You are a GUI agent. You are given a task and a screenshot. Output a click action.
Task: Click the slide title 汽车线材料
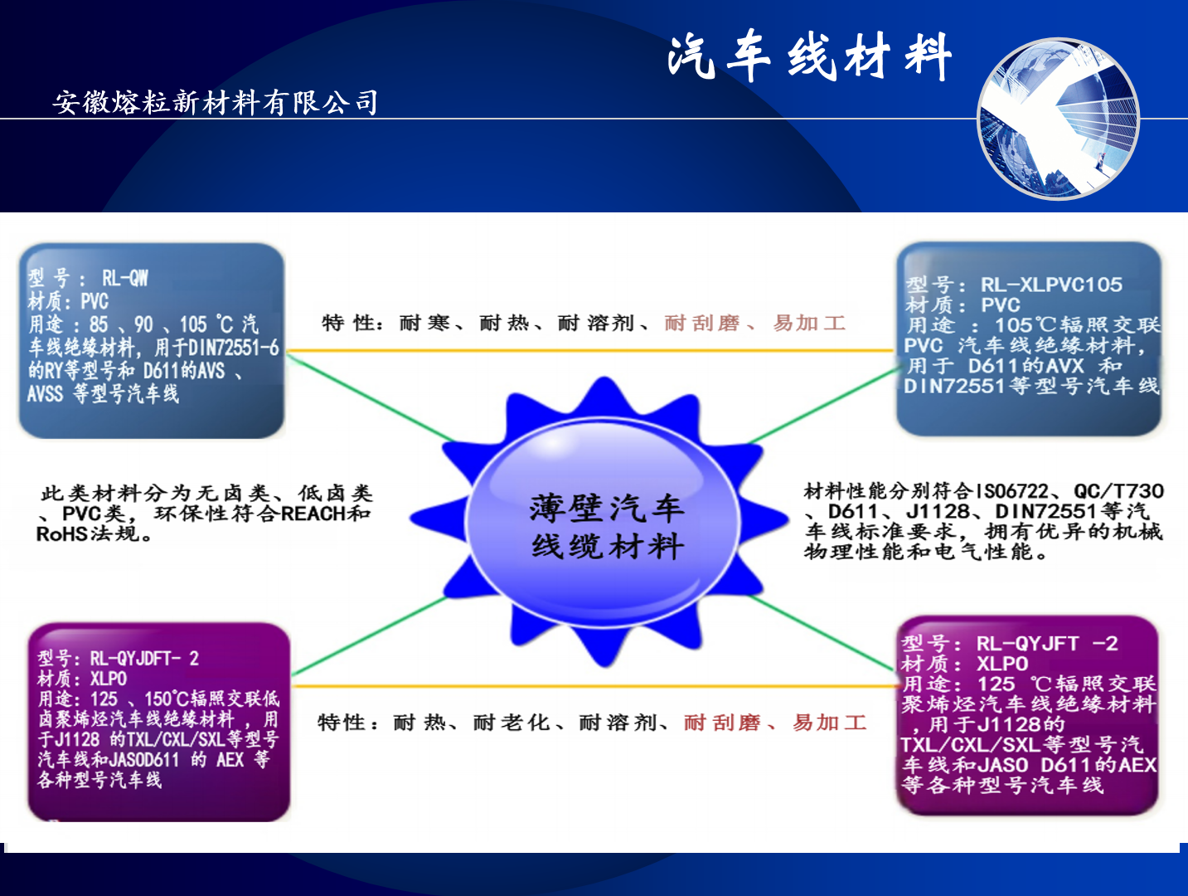[809, 56]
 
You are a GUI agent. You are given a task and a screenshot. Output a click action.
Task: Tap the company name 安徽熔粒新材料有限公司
[216, 102]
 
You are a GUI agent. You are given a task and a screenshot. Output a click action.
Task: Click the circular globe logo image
[1058, 119]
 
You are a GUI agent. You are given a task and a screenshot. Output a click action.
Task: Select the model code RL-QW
[125, 278]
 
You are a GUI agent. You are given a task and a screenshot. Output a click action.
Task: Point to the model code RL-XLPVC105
[1051, 285]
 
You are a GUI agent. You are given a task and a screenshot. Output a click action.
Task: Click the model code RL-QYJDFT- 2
[144, 659]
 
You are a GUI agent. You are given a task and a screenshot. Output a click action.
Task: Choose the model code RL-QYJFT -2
[1047, 644]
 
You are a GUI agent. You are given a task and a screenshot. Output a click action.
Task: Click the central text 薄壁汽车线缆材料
[607, 526]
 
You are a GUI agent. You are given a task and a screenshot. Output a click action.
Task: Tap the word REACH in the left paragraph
[314, 514]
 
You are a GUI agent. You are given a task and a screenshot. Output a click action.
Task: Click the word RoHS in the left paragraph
[61, 534]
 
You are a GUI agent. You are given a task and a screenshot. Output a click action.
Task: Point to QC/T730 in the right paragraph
[1118, 491]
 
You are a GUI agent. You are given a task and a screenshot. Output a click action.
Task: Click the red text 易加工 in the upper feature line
[809, 324]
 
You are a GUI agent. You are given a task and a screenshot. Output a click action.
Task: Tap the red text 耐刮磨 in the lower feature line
[721, 723]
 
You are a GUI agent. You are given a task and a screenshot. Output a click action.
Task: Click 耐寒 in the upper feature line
[424, 324]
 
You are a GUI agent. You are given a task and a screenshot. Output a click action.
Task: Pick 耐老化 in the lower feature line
[512, 723]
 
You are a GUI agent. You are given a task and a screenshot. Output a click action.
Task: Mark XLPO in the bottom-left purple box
[109, 679]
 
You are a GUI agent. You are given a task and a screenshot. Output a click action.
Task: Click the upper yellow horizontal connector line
[590, 351]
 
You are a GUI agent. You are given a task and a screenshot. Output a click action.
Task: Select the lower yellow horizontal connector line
[594, 686]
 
